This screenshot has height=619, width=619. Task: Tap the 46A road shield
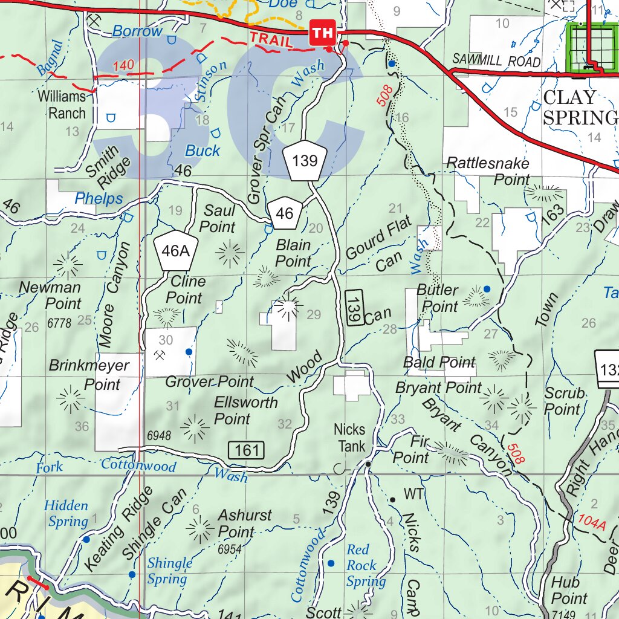[175, 250]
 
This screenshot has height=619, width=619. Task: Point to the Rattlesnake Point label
[488, 171]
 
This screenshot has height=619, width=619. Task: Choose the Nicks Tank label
[350, 438]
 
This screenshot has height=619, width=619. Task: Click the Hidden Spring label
[66, 513]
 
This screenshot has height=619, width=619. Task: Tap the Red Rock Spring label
[365, 566]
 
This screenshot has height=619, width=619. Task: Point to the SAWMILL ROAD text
[496, 62]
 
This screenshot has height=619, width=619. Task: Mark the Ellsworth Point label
[245, 410]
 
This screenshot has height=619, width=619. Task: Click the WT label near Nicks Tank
[414, 494]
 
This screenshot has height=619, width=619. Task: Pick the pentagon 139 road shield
[305, 161]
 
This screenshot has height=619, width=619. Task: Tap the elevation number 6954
[230, 549]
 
